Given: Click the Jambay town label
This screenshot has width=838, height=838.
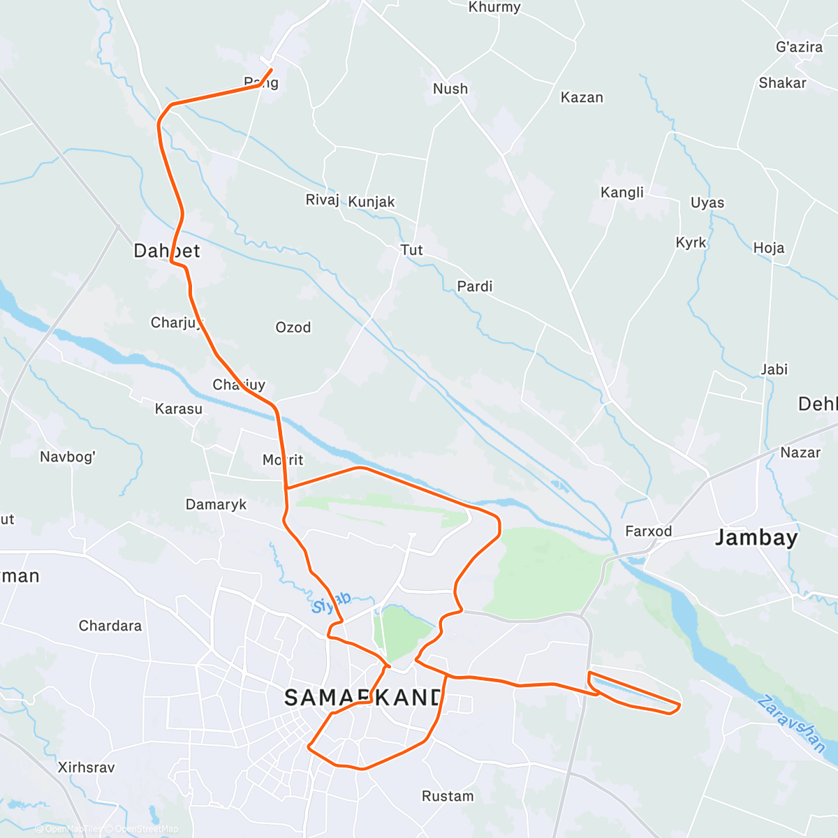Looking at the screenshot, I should tap(756, 538).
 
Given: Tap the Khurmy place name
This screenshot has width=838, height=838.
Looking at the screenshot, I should tap(494, 7).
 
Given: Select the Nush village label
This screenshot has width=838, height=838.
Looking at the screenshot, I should tap(450, 89).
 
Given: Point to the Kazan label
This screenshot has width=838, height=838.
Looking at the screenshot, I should tap(582, 97).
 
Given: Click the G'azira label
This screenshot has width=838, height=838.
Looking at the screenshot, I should tap(799, 47).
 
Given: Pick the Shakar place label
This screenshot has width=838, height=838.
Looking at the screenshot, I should tap(782, 82).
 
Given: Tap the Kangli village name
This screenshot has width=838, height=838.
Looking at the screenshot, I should tap(622, 192).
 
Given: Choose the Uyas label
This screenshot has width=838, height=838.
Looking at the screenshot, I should tap(707, 203).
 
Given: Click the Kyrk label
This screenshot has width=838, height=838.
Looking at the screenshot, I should tap(691, 242).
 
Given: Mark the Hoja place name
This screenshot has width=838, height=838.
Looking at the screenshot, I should tap(768, 248).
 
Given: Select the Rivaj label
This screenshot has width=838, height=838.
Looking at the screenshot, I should tap(322, 200).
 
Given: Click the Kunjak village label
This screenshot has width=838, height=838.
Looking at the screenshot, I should tap(372, 202).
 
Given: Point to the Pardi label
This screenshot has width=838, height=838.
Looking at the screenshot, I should tap(474, 286).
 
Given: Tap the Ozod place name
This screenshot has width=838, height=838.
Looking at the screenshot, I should tap(293, 328).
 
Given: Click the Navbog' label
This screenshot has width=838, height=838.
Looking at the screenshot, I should tap(68, 457).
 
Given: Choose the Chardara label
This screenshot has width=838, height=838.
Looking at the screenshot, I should tap(110, 626).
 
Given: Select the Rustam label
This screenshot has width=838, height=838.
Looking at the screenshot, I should tap(448, 796).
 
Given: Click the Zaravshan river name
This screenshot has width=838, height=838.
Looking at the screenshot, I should tap(791, 723).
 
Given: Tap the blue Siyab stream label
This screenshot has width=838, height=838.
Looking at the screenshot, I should tap(331, 603).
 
